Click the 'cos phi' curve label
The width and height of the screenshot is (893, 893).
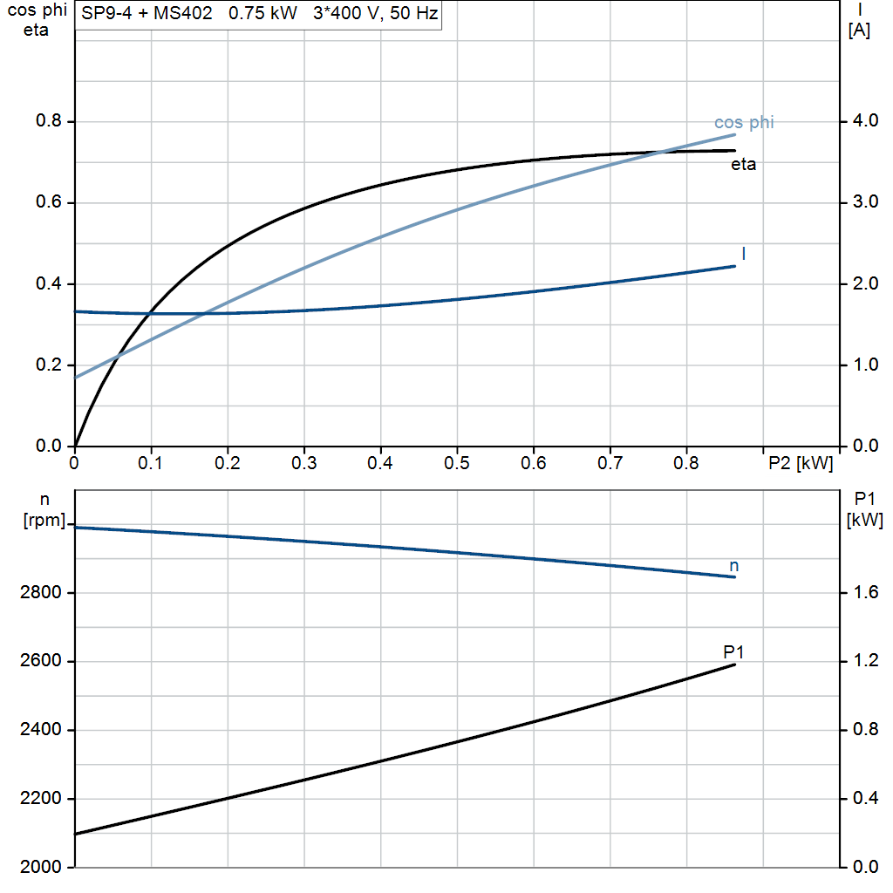pos(743,122)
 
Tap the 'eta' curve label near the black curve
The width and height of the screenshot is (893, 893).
pos(743,164)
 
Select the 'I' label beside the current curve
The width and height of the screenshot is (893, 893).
pos(743,253)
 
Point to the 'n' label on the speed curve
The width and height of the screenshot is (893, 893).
pos(734,566)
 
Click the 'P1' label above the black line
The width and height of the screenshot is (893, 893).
pos(733,651)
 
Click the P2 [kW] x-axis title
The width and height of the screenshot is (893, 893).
pos(800,462)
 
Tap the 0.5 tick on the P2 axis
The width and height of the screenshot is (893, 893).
pos(456,462)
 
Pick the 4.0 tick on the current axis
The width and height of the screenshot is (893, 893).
pos(862,121)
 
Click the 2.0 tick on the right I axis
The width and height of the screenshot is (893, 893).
pos(862,284)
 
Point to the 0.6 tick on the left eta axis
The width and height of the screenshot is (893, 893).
pos(49,203)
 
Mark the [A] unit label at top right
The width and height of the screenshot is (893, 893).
pos(859,31)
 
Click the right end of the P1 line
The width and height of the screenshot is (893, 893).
pos(735,665)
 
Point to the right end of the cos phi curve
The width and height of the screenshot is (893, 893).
pos(735,134)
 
